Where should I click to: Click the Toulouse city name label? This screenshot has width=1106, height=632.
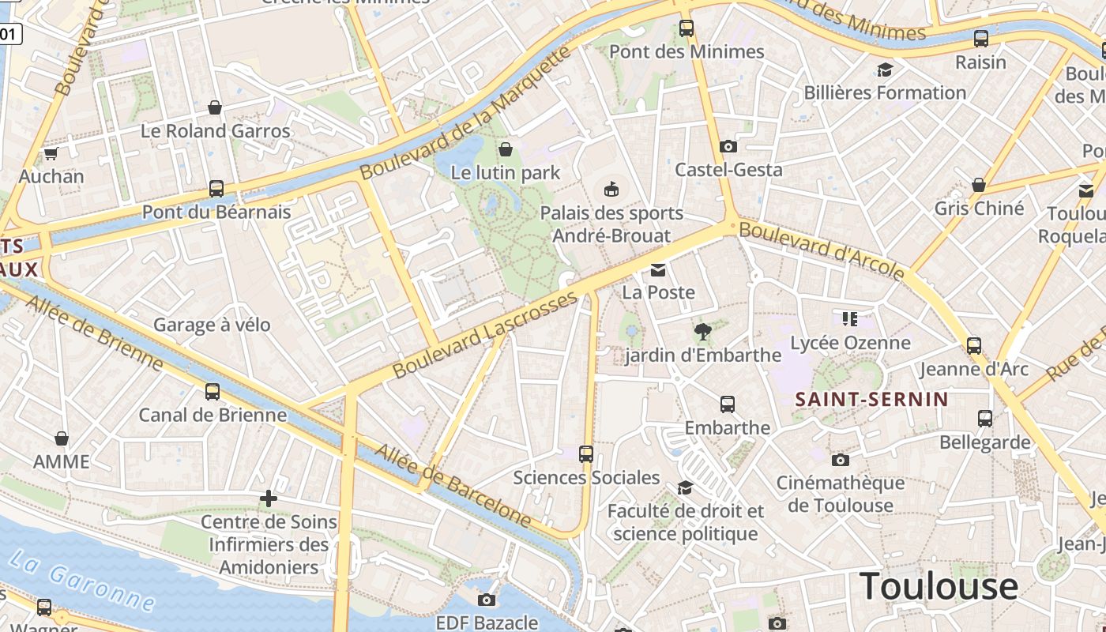939,586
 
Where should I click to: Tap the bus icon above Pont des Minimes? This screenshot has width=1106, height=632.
687,28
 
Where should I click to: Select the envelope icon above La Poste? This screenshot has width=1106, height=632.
658,270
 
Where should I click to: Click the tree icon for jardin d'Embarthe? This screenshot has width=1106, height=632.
702,332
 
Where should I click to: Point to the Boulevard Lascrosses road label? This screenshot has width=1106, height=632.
485,334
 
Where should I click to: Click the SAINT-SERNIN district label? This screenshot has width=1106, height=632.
871,399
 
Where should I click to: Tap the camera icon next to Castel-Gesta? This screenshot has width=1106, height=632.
728,146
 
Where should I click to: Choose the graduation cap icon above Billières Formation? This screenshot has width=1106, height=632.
885,70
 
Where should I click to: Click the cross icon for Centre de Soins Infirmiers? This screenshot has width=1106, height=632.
269,498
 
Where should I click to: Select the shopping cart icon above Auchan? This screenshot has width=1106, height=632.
51,153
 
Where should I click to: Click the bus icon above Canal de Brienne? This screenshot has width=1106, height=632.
213,391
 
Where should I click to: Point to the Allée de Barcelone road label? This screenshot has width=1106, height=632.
453,485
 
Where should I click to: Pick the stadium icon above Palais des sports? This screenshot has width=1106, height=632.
611,189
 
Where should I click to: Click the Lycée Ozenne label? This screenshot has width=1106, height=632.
850,343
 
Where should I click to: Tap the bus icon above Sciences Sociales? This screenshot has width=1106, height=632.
586,453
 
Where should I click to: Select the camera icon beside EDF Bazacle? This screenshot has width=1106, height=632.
487,600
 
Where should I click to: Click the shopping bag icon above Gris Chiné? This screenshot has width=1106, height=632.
979,185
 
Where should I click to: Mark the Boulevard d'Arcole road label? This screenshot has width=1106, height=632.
822,250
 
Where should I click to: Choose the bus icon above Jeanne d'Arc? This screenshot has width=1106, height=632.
974,345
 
